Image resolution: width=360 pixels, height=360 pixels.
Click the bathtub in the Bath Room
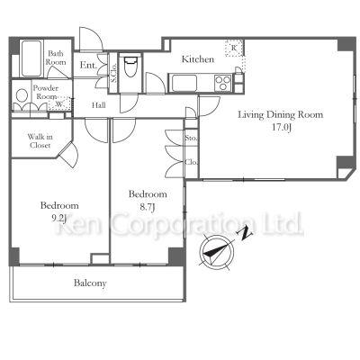click(x=31, y=58)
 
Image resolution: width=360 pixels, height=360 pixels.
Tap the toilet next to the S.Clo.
click(x=130, y=67)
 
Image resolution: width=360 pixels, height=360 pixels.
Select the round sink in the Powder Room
click(x=22, y=96)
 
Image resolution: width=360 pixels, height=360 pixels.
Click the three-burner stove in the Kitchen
click(x=223, y=83)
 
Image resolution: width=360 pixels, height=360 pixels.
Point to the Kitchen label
click(x=198, y=59)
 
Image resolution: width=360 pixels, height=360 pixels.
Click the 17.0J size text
click(x=282, y=127)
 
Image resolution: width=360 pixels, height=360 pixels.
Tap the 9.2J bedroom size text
click(x=58, y=218)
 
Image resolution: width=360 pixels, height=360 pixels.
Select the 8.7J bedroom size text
click(x=147, y=207)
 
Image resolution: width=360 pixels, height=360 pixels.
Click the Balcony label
click(x=90, y=283)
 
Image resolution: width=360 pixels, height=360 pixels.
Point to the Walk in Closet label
click(x=40, y=141)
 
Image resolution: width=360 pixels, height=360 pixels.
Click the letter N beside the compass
click(x=246, y=233)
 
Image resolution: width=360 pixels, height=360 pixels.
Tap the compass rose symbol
click(x=216, y=252)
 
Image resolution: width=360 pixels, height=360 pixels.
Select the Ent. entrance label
click(x=88, y=65)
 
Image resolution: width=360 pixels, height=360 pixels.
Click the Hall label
click(x=99, y=105)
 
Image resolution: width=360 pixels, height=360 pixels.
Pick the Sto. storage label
click(x=191, y=139)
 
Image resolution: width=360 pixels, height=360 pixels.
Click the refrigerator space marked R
click(x=234, y=48)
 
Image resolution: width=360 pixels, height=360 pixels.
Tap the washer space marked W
click(x=59, y=103)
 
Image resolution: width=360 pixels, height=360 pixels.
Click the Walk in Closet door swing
click(x=69, y=154)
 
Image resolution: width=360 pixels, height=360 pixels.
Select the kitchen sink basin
click(x=184, y=83)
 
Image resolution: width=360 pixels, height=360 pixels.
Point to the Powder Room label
click(x=46, y=93)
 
